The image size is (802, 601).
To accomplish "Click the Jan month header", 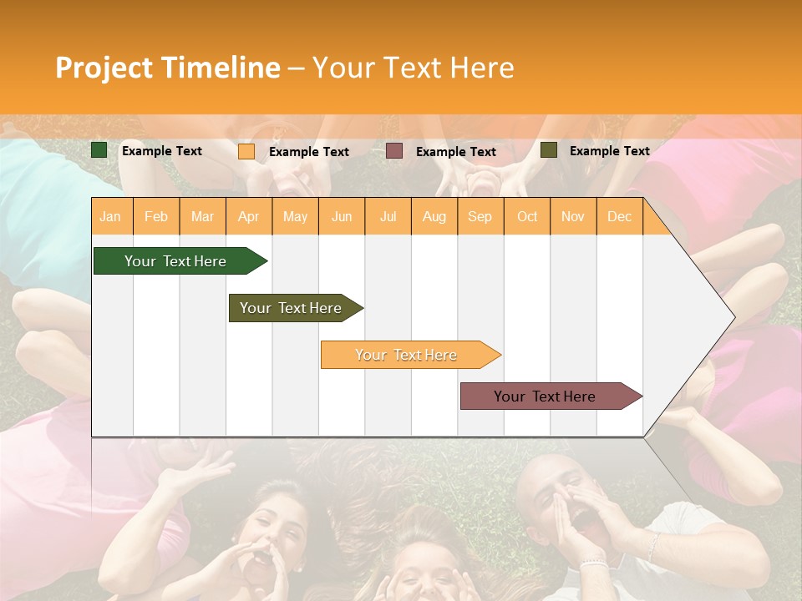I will [110, 216].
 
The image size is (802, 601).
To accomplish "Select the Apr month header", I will [248, 216].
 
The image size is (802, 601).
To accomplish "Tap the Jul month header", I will [388, 216].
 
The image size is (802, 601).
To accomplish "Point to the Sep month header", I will [480, 216].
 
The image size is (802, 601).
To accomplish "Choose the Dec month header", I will [619, 216].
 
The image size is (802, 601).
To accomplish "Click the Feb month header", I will [156, 216].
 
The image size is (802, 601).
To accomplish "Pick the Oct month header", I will [527, 216].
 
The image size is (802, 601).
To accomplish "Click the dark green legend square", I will [99, 150].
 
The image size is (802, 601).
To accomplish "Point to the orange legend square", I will [246, 151].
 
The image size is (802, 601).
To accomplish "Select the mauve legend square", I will [394, 151].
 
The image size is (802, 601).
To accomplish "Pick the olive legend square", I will [549, 150].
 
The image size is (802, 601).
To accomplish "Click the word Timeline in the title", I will [221, 68].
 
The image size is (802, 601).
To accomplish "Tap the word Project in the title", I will [104, 68].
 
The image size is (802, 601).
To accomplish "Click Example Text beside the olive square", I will [609, 151].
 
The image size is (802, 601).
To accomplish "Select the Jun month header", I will [342, 216].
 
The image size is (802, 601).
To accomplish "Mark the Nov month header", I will [573, 216].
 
